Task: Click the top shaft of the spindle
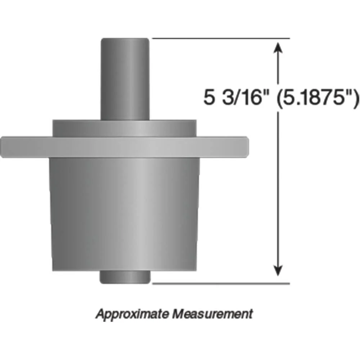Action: point(125,79)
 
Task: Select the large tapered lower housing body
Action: point(125,212)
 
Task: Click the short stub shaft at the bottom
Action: point(125,277)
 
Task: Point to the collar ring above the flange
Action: point(125,128)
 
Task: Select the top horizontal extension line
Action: point(221,38)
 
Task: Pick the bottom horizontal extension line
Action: point(221,283)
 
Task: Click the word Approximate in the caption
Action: point(132,313)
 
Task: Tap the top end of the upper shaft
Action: point(125,39)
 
